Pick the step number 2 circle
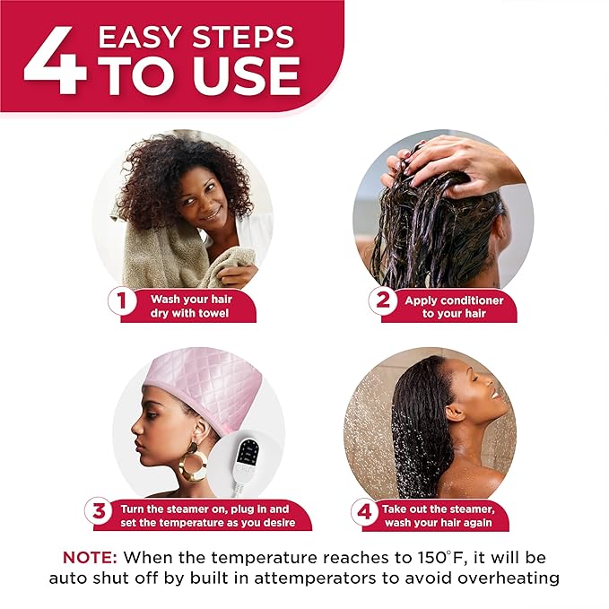(382, 300)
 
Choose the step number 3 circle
(99, 512)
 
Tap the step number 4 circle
(363, 512)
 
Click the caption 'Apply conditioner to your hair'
(454, 307)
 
